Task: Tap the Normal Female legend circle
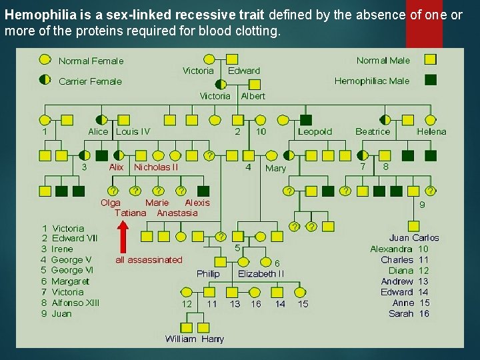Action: click(x=45, y=61)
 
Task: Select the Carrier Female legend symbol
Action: click(x=45, y=80)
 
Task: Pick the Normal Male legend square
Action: click(x=431, y=61)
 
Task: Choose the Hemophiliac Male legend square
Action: click(x=431, y=80)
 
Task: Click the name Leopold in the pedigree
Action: click(x=315, y=131)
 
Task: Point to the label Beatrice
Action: click(x=373, y=131)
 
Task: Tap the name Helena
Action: click(x=431, y=131)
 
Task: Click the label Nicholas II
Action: click(x=156, y=167)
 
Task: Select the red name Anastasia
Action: click(x=177, y=213)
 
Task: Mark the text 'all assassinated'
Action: click(x=149, y=259)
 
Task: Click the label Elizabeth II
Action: click(x=261, y=273)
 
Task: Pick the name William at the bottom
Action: click(x=181, y=339)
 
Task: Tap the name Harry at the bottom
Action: click(x=213, y=339)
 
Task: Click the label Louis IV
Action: click(x=133, y=131)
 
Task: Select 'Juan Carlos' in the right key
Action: click(x=414, y=237)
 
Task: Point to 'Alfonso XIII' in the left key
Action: click(x=75, y=303)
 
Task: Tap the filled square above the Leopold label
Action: click(x=306, y=120)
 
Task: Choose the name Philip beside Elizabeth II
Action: click(x=208, y=273)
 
